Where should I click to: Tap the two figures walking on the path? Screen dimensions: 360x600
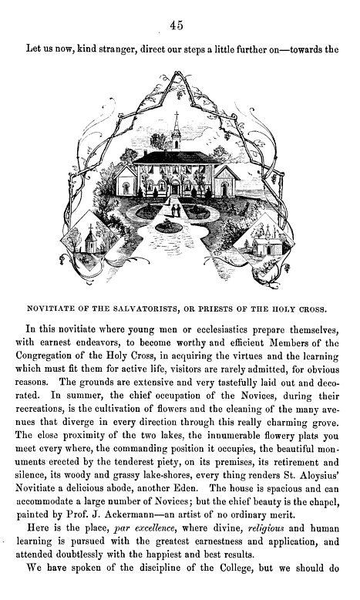[176, 209]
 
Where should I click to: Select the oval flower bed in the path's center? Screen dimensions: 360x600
[169, 226]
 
